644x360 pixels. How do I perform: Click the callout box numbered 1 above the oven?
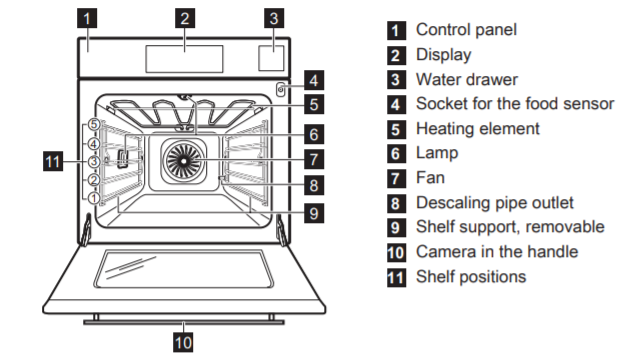click(x=87, y=18)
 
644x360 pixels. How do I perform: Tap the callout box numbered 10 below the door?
click(x=183, y=342)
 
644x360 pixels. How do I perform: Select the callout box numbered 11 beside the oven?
click(x=53, y=161)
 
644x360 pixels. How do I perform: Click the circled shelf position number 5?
click(x=94, y=124)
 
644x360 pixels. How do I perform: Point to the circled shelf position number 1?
click(x=94, y=198)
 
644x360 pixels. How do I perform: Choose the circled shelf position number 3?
click(x=94, y=161)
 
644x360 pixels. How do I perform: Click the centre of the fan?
click(x=183, y=161)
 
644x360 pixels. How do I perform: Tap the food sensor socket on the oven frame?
click(x=281, y=89)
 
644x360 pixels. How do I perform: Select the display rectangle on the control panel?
click(x=184, y=59)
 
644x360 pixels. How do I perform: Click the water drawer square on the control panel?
click(x=271, y=58)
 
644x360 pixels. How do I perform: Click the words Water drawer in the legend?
click(x=467, y=80)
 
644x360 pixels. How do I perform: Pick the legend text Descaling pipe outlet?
click(x=494, y=203)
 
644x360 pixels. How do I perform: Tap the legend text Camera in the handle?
click(x=497, y=252)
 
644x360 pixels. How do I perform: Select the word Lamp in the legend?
click(x=437, y=154)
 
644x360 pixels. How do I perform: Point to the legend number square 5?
click(x=396, y=129)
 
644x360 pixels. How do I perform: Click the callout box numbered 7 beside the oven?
click(x=314, y=159)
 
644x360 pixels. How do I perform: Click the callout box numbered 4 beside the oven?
click(x=314, y=80)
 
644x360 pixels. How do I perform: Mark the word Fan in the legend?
click(x=430, y=178)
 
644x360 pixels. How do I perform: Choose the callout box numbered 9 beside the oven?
click(x=314, y=213)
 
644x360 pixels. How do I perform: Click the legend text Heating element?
click(x=478, y=129)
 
